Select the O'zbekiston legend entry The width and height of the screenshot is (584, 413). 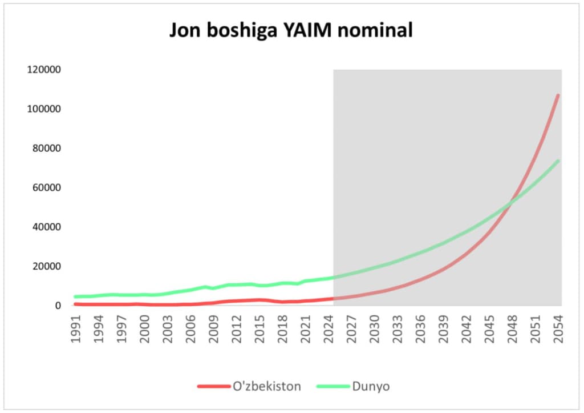click(x=267, y=386)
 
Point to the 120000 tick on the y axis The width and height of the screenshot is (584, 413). click(x=44, y=70)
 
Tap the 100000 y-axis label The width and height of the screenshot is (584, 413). click(x=44, y=109)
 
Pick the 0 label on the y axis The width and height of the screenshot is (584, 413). click(x=58, y=306)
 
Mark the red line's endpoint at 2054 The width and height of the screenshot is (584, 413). click(x=558, y=95)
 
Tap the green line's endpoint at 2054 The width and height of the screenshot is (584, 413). click(x=558, y=161)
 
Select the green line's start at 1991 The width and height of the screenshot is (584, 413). click(x=75, y=296)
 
